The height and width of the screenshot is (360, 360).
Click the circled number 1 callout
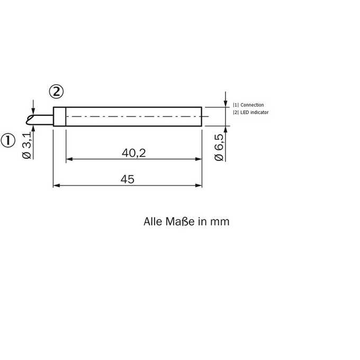pos(8,140)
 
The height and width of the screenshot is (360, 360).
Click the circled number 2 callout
pos(56,92)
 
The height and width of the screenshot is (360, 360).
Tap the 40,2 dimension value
pos(133,153)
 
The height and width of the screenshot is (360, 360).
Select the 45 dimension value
pos(128,179)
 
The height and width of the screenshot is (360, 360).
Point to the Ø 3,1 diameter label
pos(27,146)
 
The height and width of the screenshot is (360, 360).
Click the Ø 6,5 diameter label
pos(219,148)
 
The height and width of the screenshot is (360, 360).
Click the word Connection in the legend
pos(252,105)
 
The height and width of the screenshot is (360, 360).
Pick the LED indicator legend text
pos(255,112)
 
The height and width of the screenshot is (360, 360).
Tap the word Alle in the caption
pos(152,221)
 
